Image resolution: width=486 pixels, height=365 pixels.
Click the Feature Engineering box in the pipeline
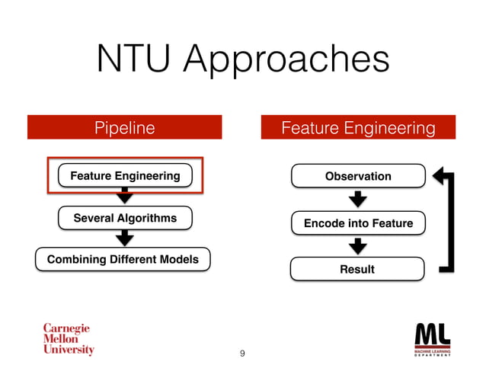pos(125,176)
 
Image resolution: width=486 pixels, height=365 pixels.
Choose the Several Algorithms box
pos(125,219)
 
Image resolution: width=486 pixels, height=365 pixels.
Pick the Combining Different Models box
pos(123,260)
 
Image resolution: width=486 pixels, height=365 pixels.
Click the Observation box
pos(358,177)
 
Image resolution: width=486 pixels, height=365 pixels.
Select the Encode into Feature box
pos(358,223)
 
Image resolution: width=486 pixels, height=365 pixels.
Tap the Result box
pos(358,269)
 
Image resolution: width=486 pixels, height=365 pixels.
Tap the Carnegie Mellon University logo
pos(68,339)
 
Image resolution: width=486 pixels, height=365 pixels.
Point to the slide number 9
pos(242,353)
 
